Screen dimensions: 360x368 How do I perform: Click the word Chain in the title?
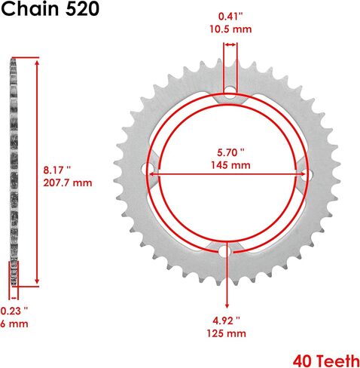(x=30, y=9)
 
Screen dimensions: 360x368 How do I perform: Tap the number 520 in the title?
(x=82, y=9)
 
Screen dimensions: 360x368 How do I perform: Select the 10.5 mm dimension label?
(x=230, y=29)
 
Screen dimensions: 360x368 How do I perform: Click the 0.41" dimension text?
(x=230, y=17)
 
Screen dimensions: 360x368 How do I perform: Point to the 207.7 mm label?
(x=68, y=182)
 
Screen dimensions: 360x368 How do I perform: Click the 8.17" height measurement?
(x=57, y=170)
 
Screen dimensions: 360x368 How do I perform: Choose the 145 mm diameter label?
(x=230, y=165)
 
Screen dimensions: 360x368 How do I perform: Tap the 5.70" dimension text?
(x=230, y=152)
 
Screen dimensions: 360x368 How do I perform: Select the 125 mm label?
(x=227, y=333)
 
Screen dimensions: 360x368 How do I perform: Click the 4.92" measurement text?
(x=226, y=320)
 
